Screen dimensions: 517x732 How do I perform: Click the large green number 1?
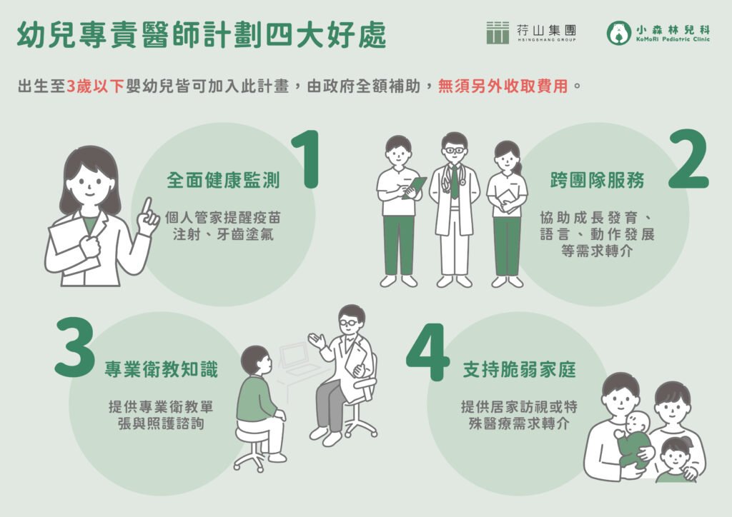pyautogui.click(x=307, y=160)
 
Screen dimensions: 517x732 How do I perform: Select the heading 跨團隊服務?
pyautogui.click(x=598, y=180)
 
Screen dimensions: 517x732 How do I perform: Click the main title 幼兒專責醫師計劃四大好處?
pyautogui.click(x=201, y=34)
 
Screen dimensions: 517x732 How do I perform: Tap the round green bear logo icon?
pyautogui.click(x=618, y=32)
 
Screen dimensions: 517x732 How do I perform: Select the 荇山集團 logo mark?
pyautogui.click(x=498, y=32)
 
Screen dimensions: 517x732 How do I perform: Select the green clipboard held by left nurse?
pyautogui.click(x=415, y=187)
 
